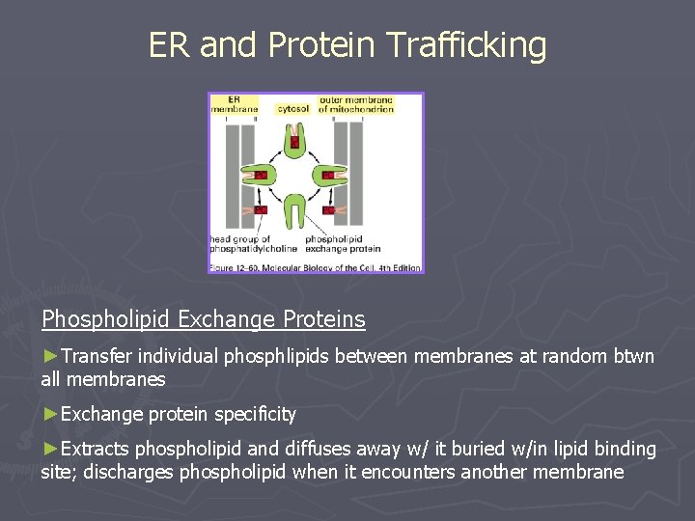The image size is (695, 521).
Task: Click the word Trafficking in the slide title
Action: coord(465,45)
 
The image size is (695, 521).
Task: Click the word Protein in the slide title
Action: coord(322,45)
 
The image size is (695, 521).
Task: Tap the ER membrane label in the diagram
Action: coord(235,104)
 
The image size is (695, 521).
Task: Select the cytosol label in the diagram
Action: coord(292,109)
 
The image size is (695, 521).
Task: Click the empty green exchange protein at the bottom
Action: coord(295,208)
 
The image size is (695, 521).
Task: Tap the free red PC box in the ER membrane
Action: coord(260,209)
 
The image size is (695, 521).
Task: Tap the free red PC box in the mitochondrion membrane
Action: coord(329,209)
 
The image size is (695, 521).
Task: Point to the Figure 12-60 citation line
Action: coord(315,265)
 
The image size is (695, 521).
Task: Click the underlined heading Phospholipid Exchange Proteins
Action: coord(204,319)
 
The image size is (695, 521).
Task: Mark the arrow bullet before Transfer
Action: coord(50,357)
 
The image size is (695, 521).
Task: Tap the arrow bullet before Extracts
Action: coord(50,449)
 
